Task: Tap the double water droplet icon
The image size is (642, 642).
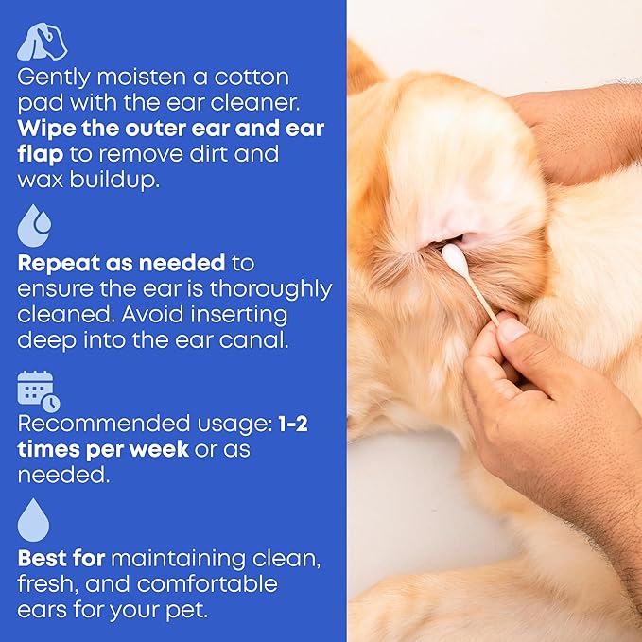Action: [x=35, y=225]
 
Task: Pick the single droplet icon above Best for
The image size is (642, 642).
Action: [x=34, y=520]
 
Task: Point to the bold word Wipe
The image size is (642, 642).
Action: [x=46, y=130]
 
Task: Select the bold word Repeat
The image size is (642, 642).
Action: [x=57, y=263]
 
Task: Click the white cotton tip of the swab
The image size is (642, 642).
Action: [x=455, y=257]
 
